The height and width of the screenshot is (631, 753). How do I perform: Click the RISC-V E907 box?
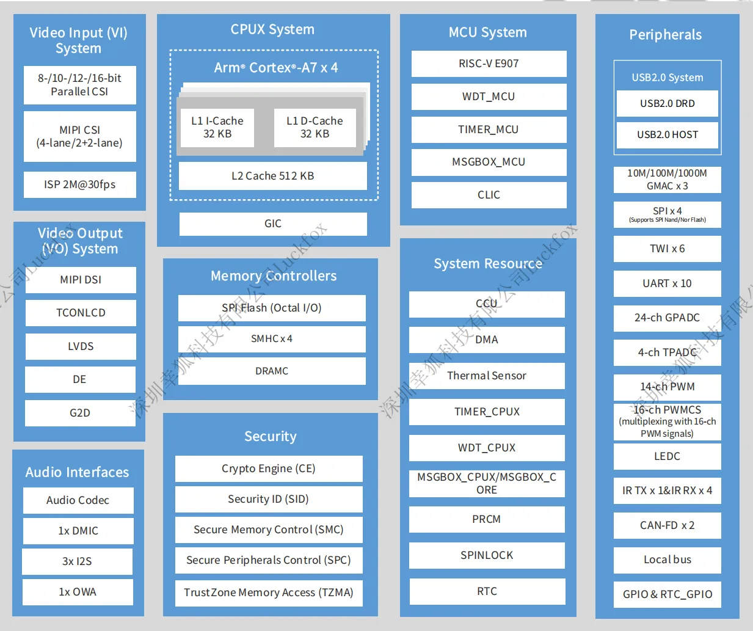[x=489, y=64]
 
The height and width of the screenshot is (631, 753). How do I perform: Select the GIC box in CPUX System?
[x=273, y=224]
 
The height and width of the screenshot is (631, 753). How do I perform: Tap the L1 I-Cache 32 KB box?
[x=217, y=127]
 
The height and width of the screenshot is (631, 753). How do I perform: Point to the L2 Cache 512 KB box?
[x=272, y=176]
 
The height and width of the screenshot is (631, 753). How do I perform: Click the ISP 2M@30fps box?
[x=80, y=184]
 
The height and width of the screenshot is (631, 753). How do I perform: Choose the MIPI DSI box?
[x=81, y=280]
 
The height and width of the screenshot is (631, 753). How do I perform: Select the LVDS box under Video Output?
[x=81, y=346]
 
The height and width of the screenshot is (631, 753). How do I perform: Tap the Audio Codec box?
[x=78, y=500]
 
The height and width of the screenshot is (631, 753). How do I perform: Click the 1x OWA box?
[x=78, y=592]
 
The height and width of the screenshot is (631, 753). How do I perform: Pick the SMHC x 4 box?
[x=272, y=339]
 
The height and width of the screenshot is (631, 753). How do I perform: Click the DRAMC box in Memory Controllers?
[x=272, y=371]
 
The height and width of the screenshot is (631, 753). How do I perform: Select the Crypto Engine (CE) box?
[x=269, y=469]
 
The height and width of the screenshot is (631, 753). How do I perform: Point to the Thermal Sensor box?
[x=487, y=376]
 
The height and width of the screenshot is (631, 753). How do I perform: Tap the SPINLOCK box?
[x=487, y=555]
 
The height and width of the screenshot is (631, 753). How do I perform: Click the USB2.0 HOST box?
[x=667, y=135]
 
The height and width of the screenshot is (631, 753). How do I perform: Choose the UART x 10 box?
[x=667, y=283]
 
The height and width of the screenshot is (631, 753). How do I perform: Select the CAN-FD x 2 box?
[x=667, y=525]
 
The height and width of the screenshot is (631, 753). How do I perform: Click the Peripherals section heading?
[x=666, y=35]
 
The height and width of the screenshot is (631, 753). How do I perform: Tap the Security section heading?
[x=271, y=436]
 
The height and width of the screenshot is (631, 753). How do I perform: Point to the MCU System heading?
[x=487, y=32]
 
